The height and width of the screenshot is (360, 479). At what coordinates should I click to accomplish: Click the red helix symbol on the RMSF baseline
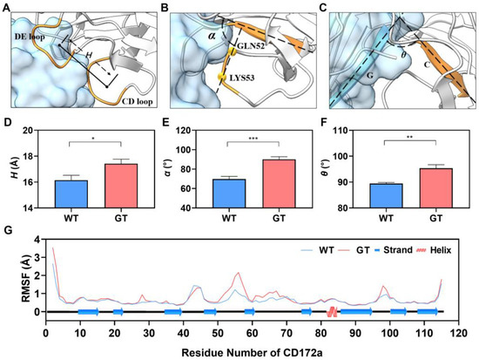point(332,311)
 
